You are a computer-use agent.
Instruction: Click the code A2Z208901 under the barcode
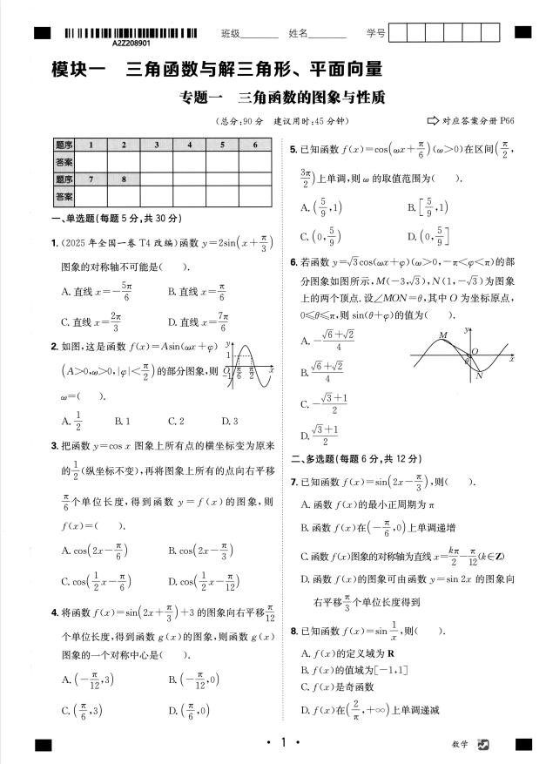tap(131, 43)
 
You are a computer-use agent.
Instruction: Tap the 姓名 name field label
tap(298, 33)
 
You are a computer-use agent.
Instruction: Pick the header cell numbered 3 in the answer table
tap(156, 145)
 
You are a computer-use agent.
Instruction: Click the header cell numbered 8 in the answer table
tap(124, 179)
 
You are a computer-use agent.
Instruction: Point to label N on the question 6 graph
tap(478, 375)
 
